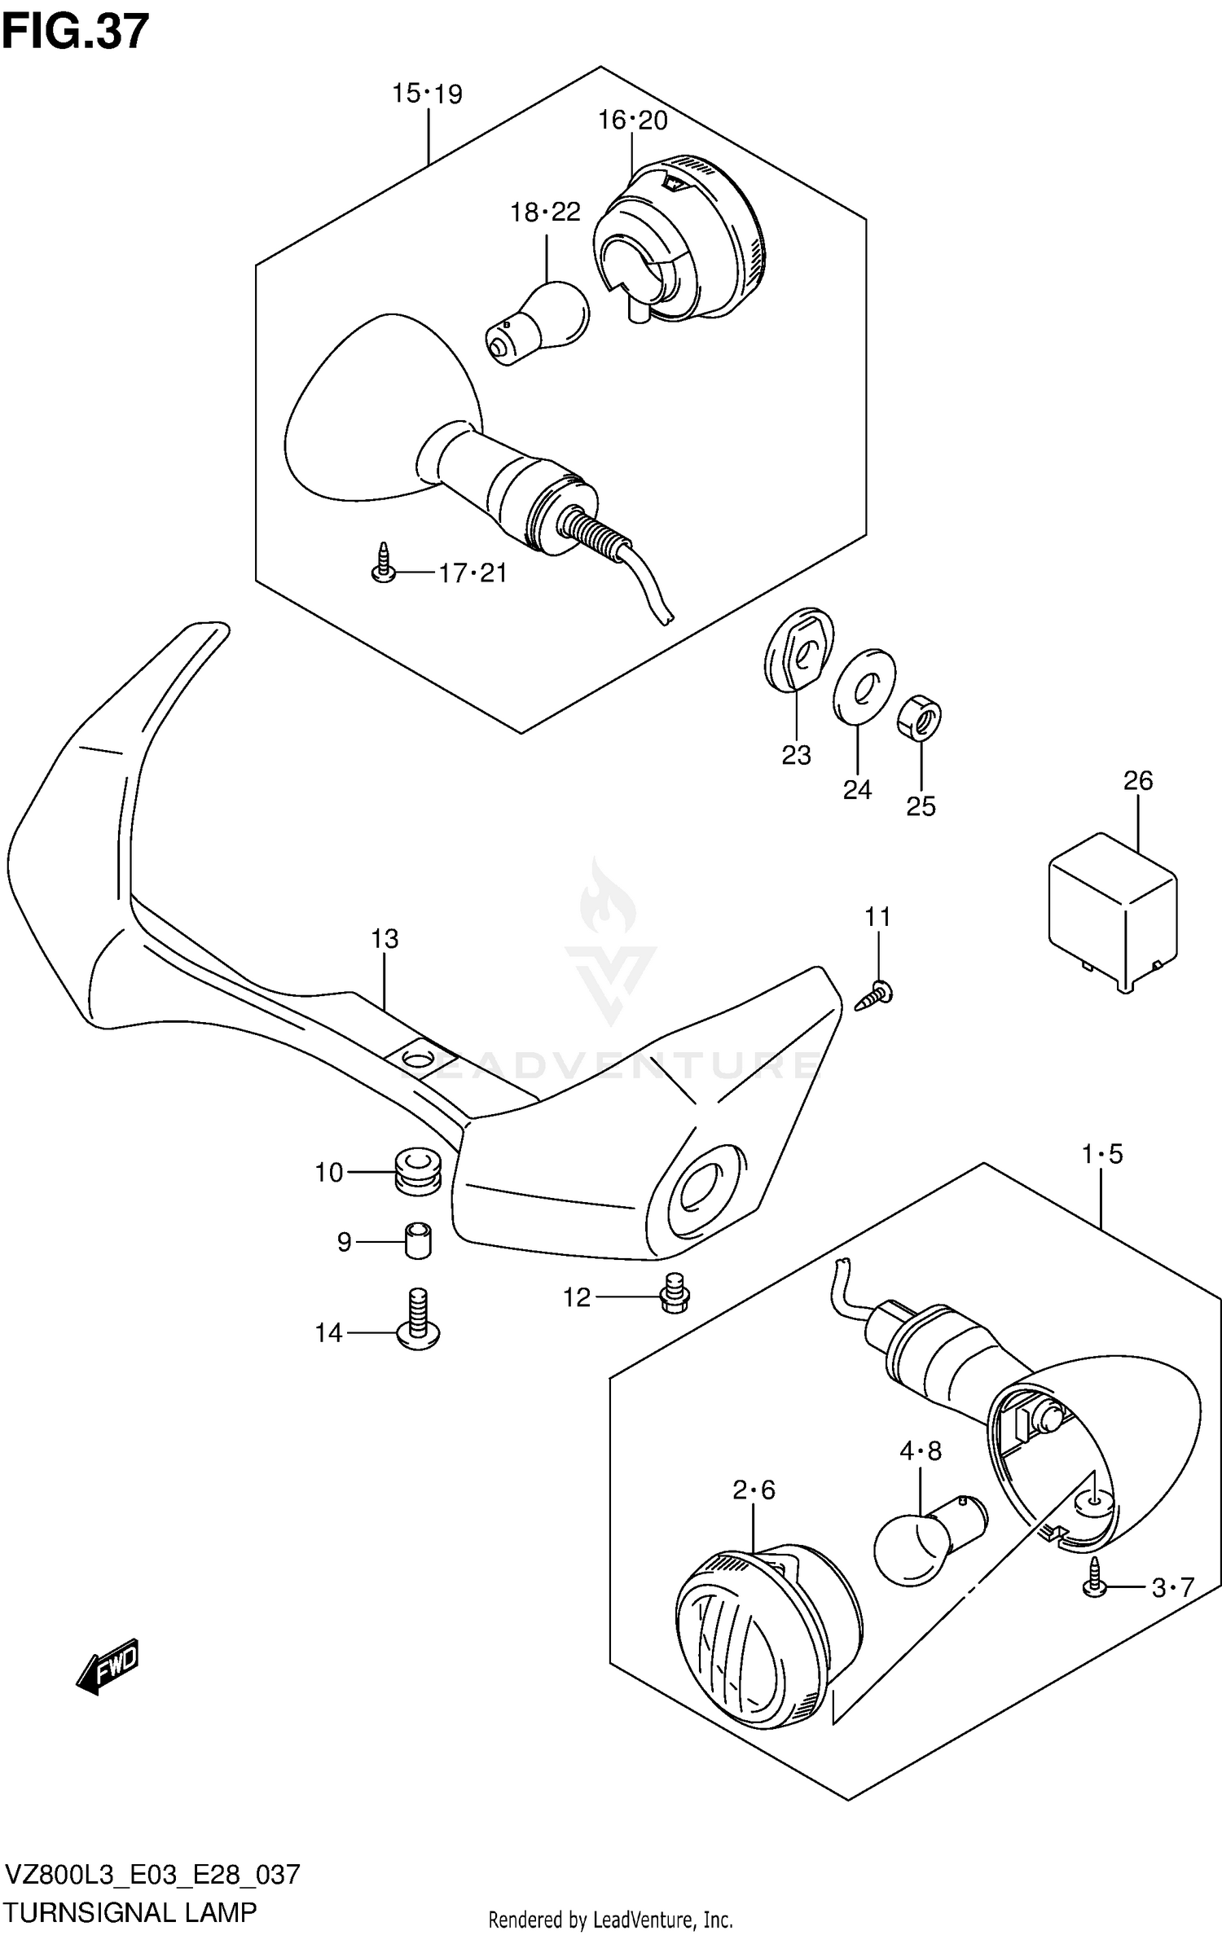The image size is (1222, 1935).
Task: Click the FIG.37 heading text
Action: click(x=76, y=32)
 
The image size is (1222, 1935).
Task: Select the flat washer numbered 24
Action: click(x=864, y=686)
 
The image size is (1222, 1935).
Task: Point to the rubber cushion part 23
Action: click(x=799, y=650)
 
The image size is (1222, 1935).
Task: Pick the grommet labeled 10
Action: click(x=418, y=1172)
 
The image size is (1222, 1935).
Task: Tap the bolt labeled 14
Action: click(x=418, y=1319)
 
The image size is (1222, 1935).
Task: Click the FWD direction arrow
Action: click(x=108, y=1666)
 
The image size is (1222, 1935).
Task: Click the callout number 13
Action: click(x=385, y=939)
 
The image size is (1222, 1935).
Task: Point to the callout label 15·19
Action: click(x=427, y=94)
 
